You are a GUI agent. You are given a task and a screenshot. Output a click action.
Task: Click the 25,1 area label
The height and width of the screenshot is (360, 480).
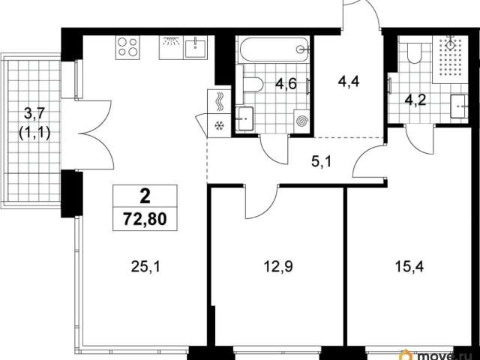pos(145,267)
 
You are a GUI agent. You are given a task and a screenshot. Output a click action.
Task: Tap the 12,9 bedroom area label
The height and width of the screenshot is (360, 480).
pos(278,267)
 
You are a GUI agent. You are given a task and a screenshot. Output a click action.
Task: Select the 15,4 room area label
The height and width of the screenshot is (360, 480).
pos(409,267)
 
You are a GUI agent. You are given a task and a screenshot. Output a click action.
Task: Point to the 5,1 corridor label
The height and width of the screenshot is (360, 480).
pos(322,161)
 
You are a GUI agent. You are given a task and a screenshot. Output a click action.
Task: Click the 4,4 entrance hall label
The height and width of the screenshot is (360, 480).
pos(349,82)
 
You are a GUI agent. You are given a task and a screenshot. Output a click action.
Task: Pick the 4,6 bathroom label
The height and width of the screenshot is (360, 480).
pos(286,83)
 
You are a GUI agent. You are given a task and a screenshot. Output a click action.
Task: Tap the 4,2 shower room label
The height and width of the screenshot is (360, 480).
pos(415,100)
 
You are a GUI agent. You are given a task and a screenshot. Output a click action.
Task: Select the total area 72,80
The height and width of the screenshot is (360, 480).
pos(145,219)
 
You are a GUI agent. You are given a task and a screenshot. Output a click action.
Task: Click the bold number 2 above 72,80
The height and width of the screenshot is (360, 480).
pos(145,196)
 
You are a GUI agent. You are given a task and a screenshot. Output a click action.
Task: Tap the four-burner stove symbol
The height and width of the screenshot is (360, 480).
pos(127,47)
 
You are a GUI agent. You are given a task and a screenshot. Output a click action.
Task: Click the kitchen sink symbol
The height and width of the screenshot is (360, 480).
pos(195,47)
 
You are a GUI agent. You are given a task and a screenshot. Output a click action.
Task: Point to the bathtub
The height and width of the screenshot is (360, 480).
pos(273,49)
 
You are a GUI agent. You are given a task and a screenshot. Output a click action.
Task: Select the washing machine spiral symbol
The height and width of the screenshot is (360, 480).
pos(301,121)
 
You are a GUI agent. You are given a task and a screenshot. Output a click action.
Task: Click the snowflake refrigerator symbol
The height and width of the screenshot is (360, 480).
pos(219,125)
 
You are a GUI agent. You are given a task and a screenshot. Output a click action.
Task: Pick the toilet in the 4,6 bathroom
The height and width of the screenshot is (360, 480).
pos(252,84)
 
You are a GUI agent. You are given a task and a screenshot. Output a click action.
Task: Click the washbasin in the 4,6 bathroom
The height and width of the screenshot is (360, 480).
pos(244,118)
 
